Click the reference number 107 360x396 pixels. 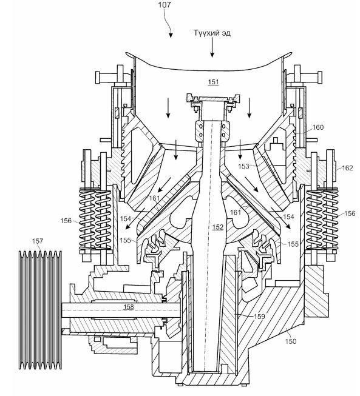165,5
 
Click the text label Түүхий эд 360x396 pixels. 212,33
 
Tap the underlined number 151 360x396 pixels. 213,82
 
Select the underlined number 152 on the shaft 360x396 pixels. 218,227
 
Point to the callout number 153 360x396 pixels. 243,166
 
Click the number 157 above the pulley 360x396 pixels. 38,241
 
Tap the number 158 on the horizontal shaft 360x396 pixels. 129,307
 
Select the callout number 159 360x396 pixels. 259,316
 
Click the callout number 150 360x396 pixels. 290,341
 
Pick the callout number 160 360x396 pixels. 318,127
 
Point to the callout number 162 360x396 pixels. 347,168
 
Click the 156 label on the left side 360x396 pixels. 66,221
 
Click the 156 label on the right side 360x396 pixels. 350,213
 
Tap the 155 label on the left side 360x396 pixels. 126,240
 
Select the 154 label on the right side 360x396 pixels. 288,216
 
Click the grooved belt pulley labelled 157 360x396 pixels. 41,310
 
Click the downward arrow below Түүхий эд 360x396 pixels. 212,48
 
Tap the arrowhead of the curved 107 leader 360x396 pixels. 171,36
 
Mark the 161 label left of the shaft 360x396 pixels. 154,198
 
